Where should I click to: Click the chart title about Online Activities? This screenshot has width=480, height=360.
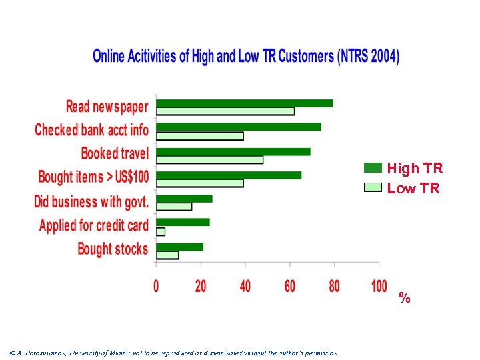(246, 56)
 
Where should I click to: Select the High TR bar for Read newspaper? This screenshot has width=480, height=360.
(244, 103)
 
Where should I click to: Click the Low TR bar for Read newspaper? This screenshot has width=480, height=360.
(225, 111)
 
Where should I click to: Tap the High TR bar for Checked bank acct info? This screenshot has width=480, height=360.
(239, 127)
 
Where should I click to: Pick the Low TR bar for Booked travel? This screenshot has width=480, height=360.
(209, 159)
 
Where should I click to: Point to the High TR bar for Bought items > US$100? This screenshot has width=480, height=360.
(229, 175)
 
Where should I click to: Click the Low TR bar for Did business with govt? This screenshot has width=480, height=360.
(174, 207)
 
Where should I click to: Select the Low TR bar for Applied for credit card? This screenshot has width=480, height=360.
(161, 231)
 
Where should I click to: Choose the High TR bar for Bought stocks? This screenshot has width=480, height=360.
(179, 247)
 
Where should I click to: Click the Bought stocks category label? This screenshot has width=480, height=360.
(113, 249)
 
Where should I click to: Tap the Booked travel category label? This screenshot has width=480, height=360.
(115, 153)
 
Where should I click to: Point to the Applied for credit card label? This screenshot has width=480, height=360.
(94, 225)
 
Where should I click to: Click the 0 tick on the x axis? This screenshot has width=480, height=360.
(156, 286)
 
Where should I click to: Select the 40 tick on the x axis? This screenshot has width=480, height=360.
(245, 286)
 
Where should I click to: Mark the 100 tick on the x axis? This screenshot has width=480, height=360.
(379, 286)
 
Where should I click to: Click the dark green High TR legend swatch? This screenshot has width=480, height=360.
(373, 168)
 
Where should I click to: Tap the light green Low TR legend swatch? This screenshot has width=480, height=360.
(373, 187)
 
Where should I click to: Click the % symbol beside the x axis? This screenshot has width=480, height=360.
(404, 298)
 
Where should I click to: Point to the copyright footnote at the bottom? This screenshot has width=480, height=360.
(174, 353)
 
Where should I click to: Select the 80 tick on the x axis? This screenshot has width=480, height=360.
(334, 286)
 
